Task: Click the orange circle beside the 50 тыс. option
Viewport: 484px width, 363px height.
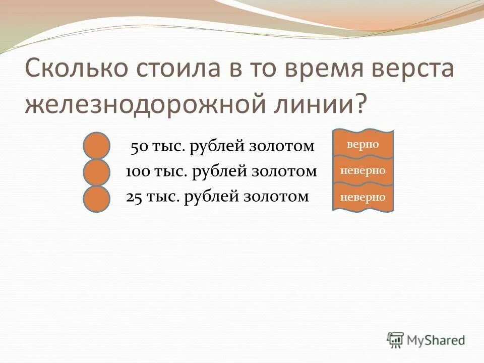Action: [x=97, y=145]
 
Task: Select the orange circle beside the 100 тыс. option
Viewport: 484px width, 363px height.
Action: [x=97, y=172]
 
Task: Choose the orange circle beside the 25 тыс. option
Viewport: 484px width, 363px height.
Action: [x=97, y=198]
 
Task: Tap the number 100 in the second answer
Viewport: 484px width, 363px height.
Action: [x=137, y=172]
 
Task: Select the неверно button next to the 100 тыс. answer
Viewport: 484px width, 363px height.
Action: [x=363, y=171]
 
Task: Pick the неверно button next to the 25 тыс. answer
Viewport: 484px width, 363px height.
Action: [x=363, y=197]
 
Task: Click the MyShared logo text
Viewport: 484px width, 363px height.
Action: [x=436, y=340]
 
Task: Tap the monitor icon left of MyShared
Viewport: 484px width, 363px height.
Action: [x=396, y=340]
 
